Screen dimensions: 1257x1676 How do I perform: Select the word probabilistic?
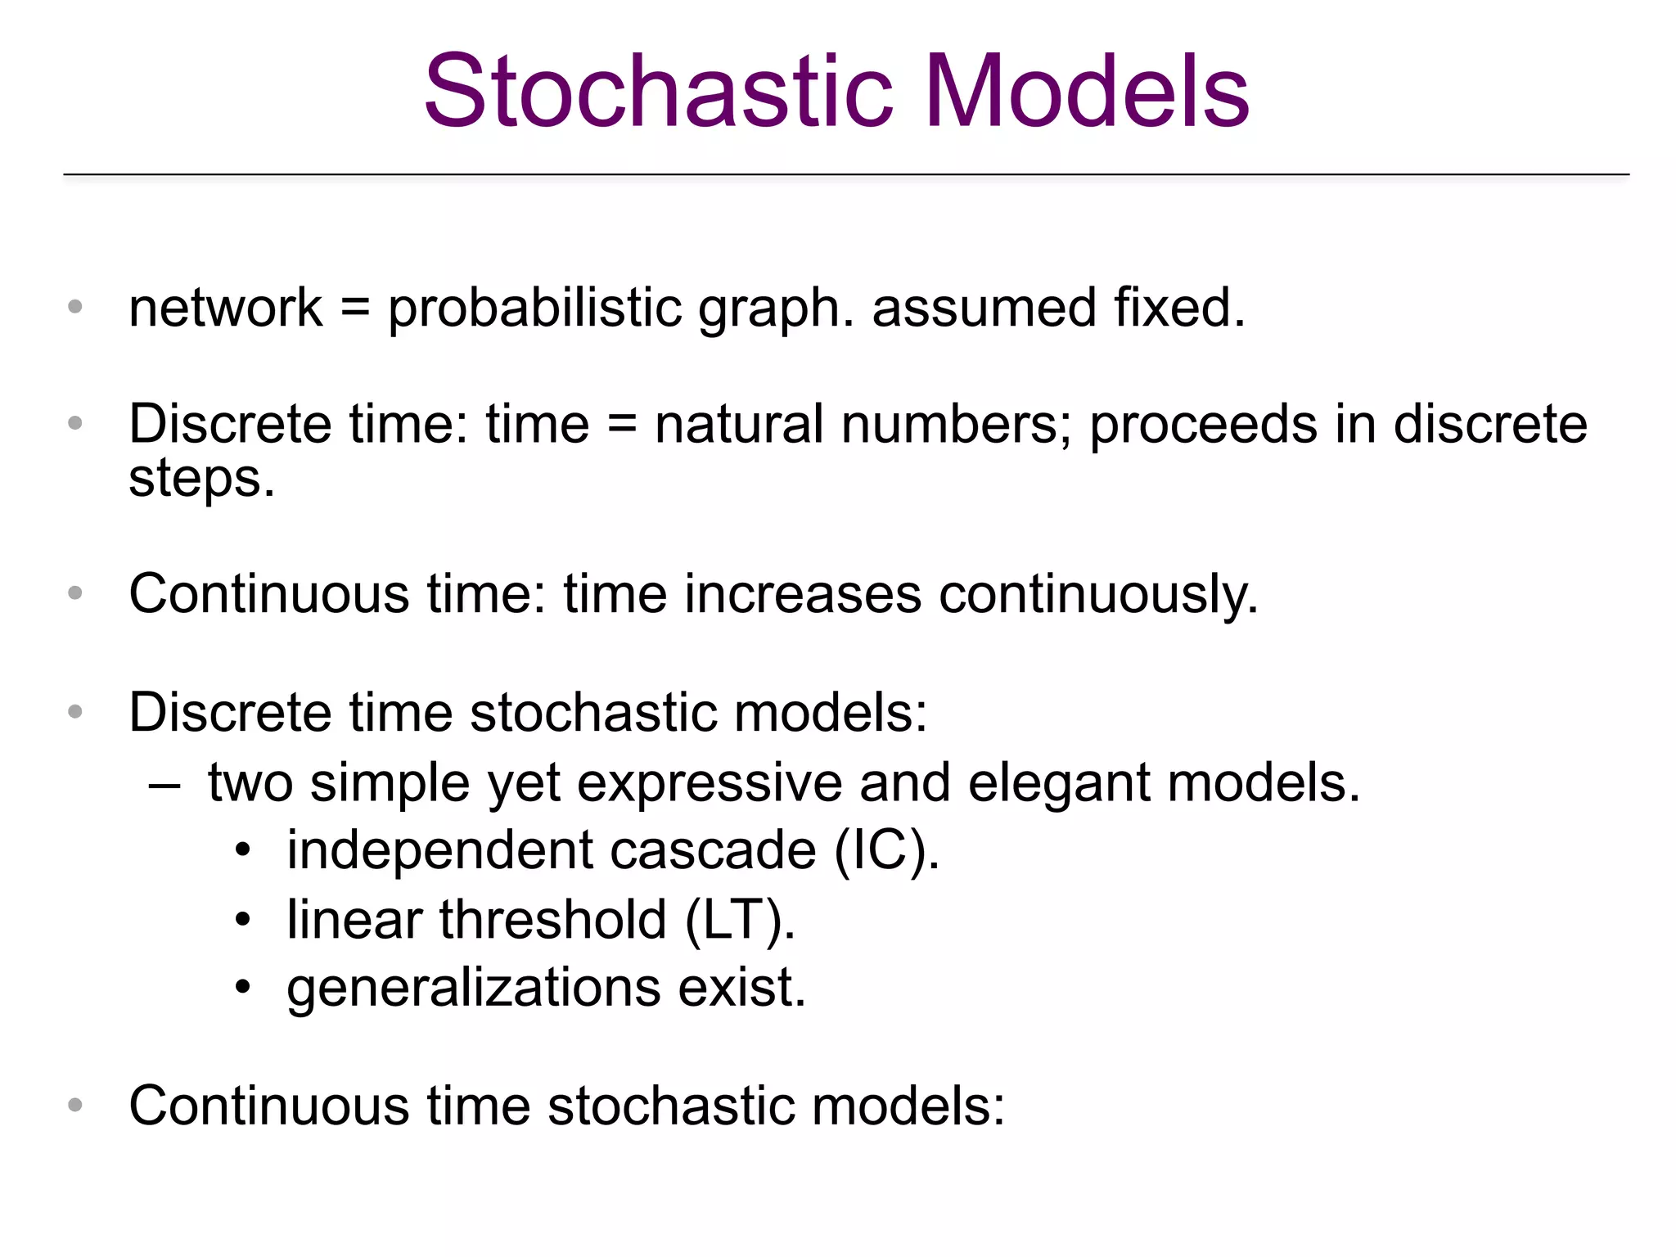pos(534,309)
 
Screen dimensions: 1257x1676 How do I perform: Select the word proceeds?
pos(1200,426)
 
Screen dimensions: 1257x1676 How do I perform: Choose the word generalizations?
pos(473,989)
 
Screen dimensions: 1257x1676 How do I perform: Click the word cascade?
pos(713,851)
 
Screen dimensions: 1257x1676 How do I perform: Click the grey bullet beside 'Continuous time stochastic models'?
pos(75,1106)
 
